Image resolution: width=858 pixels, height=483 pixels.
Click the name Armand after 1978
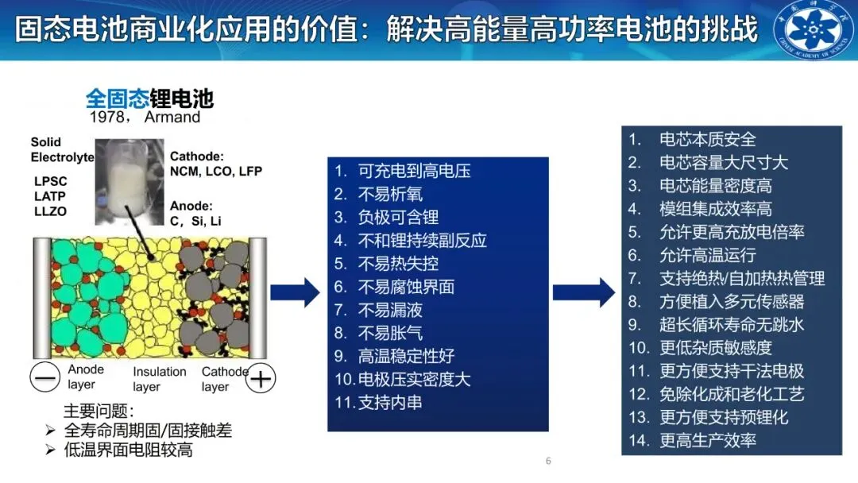click(172, 117)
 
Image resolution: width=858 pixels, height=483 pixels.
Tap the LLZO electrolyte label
click(50, 211)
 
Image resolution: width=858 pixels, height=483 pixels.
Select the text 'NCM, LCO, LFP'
click(215, 171)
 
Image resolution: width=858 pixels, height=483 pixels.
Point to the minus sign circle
click(45, 378)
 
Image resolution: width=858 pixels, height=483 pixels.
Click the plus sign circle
click(261, 379)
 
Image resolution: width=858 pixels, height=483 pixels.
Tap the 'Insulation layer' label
click(159, 379)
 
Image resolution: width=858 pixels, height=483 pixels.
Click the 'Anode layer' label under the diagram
click(86, 377)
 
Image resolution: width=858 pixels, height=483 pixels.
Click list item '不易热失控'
click(397, 263)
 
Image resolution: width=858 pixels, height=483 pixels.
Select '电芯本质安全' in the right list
click(708, 139)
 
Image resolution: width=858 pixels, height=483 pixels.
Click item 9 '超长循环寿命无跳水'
click(732, 324)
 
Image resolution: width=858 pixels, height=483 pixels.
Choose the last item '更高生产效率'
click(708, 440)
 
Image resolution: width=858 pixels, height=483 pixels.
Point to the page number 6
click(548, 462)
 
